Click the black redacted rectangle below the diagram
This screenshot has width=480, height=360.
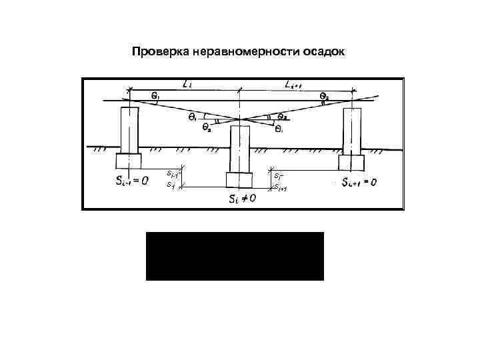(x=235, y=256)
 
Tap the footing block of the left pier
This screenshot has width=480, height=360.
(x=129, y=161)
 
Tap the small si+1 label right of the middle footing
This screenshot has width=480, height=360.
(x=281, y=187)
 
